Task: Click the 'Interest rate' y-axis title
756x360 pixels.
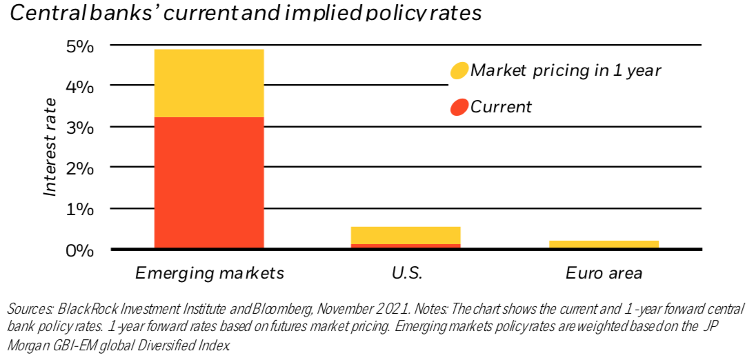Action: [50, 148]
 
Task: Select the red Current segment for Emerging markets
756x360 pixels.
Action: [209, 183]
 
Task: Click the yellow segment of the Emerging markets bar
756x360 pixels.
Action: [209, 83]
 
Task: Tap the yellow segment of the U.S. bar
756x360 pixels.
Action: [406, 235]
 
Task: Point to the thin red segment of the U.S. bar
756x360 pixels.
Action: [406, 246]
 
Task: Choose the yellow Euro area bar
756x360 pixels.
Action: [604, 244]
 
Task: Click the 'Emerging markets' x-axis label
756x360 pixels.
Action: [210, 273]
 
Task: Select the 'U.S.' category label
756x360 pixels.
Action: [406, 273]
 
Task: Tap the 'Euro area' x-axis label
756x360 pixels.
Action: [604, 273]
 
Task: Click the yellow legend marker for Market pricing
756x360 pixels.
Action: [459, 70]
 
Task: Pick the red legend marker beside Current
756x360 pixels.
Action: [459, 107]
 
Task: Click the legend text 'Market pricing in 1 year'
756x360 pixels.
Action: [565, 70]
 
